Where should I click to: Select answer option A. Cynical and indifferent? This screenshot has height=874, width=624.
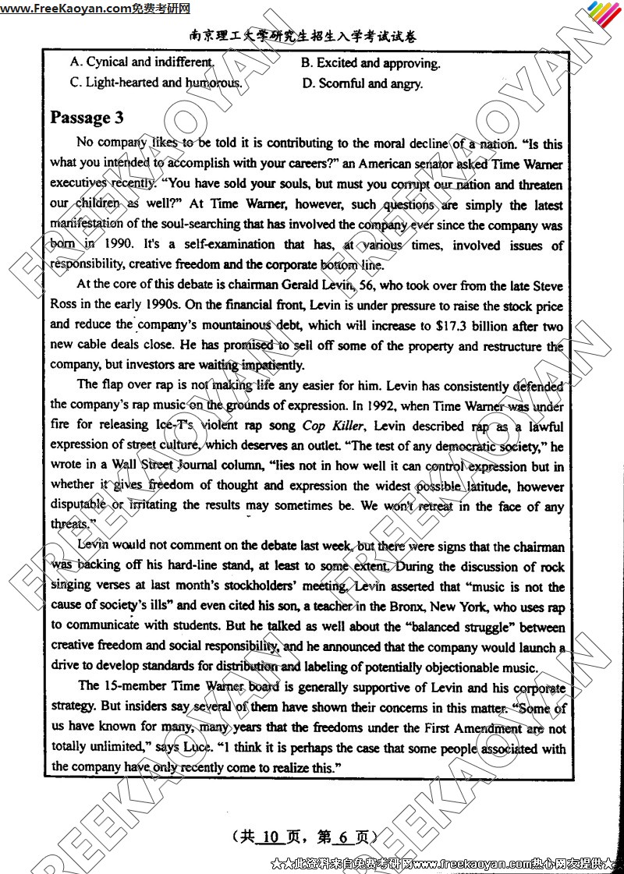pyautogui.click(x=141, y=62)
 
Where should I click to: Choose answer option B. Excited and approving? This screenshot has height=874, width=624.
pyautogui.click(x=370, y=63)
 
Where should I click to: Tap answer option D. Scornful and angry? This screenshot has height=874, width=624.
pyautogui.click(x=362, y=83)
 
